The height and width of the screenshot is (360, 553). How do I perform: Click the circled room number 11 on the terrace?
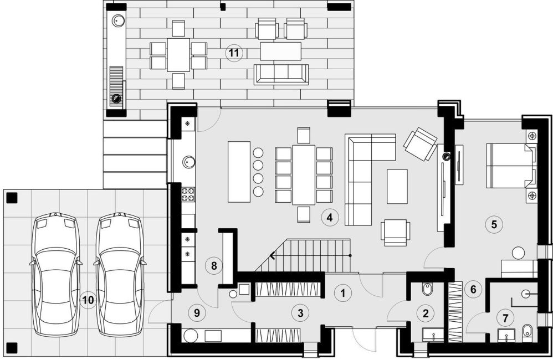234,53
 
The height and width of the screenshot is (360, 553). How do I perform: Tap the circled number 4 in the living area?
329,217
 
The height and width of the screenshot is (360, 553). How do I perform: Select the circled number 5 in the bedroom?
494,224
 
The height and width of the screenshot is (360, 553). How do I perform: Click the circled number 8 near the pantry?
214,265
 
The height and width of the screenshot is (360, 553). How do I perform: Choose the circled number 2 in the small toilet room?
426,313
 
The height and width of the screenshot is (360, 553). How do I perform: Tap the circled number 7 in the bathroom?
505,318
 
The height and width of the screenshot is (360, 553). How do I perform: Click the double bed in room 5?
512,166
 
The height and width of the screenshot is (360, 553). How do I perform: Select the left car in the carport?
56,274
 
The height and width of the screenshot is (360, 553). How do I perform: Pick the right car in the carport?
120,274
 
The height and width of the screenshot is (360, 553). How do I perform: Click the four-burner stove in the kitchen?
188,194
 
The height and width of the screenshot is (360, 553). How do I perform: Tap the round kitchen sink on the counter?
189,162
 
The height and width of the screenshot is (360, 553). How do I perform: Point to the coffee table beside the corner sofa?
397,187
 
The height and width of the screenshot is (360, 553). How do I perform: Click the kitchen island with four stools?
239,172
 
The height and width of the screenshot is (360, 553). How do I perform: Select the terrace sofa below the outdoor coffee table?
281,74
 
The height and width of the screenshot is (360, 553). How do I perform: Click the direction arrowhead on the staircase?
272,255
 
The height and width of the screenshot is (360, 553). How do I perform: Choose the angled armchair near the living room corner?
421,144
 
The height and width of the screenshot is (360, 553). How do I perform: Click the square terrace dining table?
178,55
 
